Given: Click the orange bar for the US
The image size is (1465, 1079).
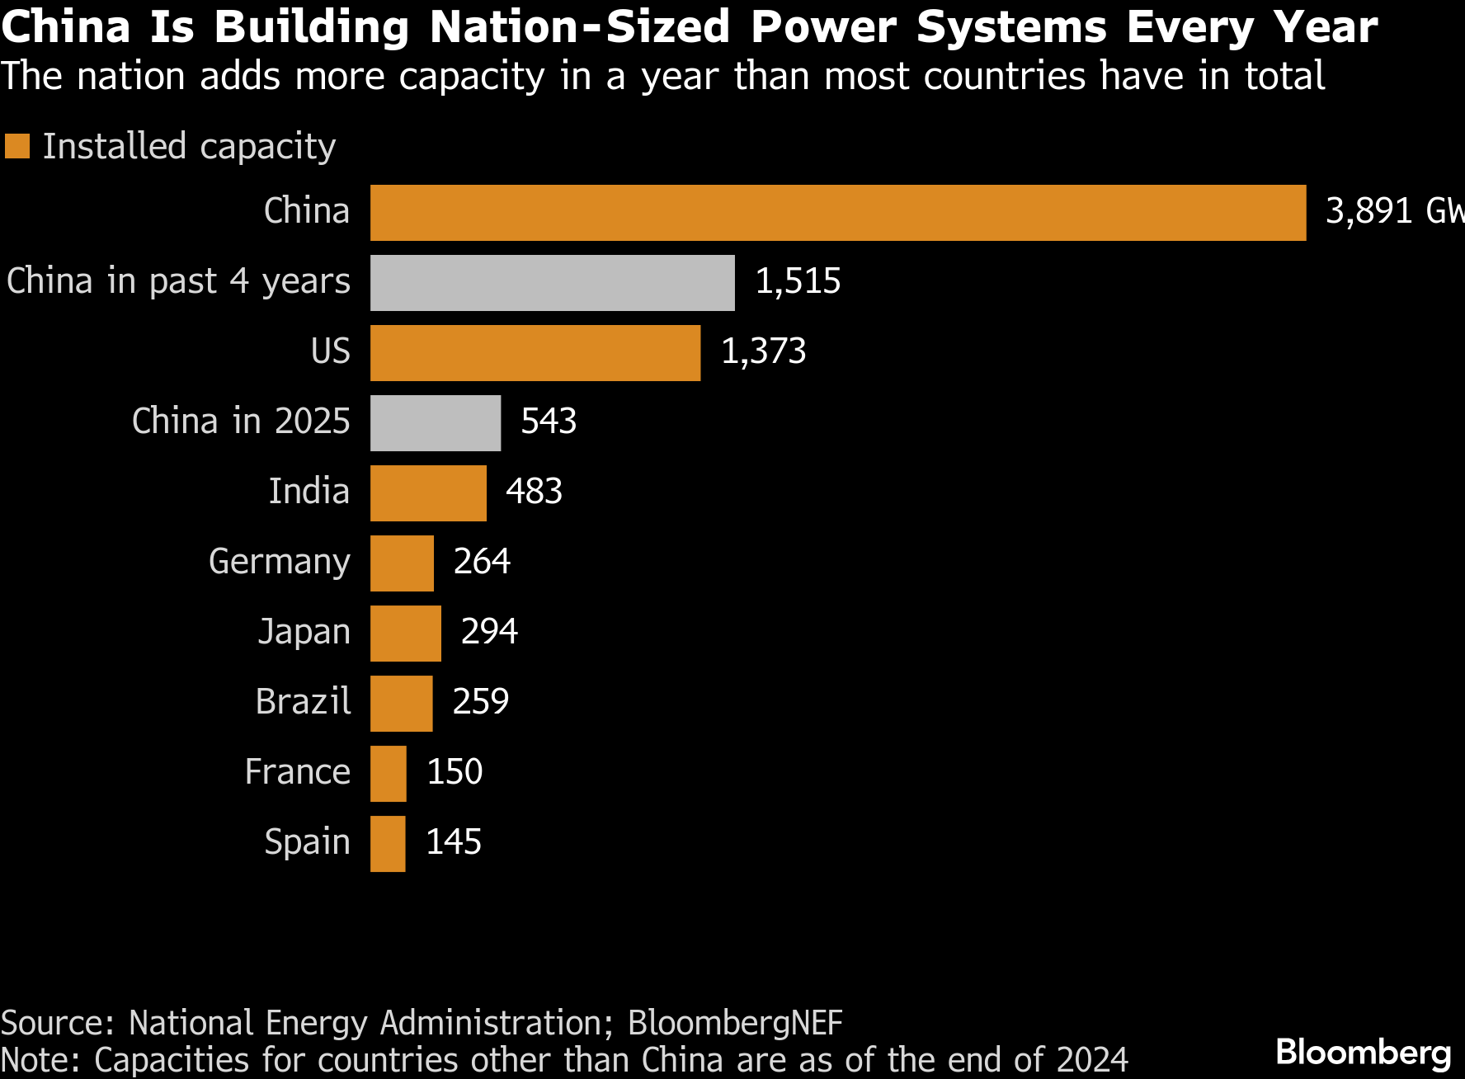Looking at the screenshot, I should tap(535, 353).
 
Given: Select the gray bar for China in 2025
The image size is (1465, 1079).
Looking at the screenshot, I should tap(436, 423).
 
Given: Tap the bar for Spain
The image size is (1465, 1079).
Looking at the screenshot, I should tap(388, 844).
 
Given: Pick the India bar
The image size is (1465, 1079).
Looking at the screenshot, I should tap(428, 493).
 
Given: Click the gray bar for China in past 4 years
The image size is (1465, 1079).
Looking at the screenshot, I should tap(553, 283).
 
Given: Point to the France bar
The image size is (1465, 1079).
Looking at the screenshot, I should tap(389, 774).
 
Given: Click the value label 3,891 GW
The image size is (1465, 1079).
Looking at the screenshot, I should tap(1393, 211).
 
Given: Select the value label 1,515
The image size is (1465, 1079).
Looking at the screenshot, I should tap(798, 281).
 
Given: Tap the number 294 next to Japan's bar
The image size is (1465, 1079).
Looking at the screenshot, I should tap(489, 632).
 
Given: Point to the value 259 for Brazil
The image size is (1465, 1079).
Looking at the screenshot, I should tap(481, 702).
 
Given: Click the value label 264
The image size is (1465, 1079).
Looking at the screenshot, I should tap(482, 562).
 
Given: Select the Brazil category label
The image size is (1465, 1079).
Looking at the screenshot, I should tap(303, 702).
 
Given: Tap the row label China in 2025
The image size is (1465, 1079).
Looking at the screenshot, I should tap(241, 422).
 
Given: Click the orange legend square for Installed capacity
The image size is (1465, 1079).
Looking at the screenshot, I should tap(17, 146).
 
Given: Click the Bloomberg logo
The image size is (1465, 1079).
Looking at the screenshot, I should tap(1363, 1053).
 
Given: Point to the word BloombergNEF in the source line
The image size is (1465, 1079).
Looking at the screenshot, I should tap(735, 1023).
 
